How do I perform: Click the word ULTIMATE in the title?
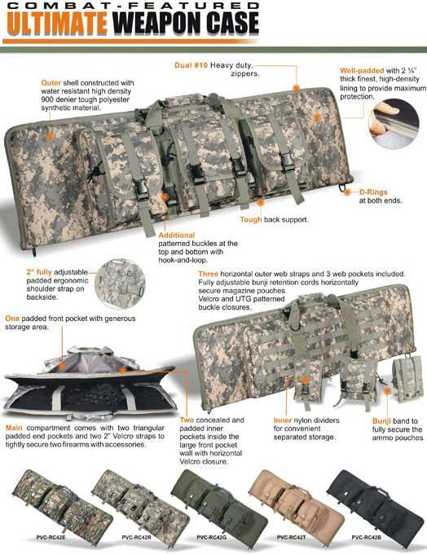tap(57, 24)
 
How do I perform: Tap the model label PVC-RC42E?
tap(51, 538)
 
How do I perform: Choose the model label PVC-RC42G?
tap(211, 538)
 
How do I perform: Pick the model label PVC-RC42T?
tap(291, 538)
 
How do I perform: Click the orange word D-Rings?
tap(373, 192)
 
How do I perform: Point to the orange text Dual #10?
tap(191, 65)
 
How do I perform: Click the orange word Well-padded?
tap(362, 71)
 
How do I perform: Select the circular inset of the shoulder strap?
tap(120, 284)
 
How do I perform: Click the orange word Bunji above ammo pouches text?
tap(381, 421)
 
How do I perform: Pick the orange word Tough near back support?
tap(251, 219)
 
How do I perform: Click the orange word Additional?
tap(176, 235)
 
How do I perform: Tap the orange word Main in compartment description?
tap(14, 428)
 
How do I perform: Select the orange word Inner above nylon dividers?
tap(283, 420)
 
